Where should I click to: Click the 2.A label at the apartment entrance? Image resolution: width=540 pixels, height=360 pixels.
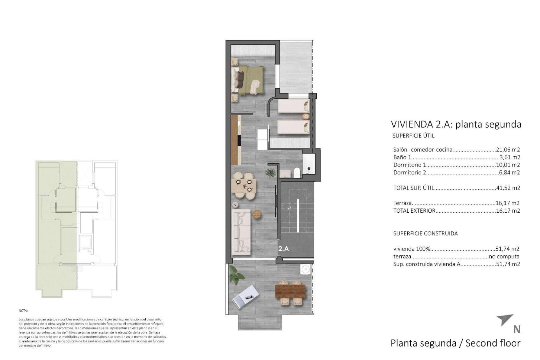point(283,249)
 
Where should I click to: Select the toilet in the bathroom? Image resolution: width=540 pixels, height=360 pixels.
point(297,173)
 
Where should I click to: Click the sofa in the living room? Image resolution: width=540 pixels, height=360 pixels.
point(241,230)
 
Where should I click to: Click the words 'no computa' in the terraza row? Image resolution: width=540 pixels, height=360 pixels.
point(504,256)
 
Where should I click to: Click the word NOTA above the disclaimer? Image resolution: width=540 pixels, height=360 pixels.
point(23,311)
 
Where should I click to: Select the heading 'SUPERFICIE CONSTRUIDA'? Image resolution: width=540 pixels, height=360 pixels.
point(425,233)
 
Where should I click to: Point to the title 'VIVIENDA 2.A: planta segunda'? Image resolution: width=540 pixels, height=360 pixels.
point(456,124)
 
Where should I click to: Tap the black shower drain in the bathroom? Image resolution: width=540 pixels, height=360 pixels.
point(309,169)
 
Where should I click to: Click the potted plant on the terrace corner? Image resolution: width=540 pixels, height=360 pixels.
point(234,273)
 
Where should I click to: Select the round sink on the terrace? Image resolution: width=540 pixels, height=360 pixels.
point(305,269)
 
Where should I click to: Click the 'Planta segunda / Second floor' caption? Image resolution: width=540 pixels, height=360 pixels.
point(455,343)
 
